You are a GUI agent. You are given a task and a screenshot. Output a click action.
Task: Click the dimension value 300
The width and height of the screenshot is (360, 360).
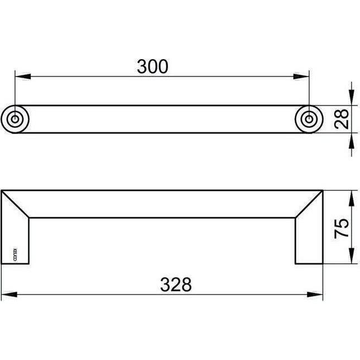[152, 66]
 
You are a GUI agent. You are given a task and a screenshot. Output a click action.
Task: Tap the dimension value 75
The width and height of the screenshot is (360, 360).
[343, 227]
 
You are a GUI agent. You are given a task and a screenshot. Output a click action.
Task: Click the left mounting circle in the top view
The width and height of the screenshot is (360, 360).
[16, 118]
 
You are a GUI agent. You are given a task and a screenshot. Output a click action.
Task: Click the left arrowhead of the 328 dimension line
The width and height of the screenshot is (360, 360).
[7, 294]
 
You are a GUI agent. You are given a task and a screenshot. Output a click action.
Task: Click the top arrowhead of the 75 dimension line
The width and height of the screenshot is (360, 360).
[351, 195]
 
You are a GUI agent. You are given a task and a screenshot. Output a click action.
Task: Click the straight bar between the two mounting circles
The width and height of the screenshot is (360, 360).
[162, 118]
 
